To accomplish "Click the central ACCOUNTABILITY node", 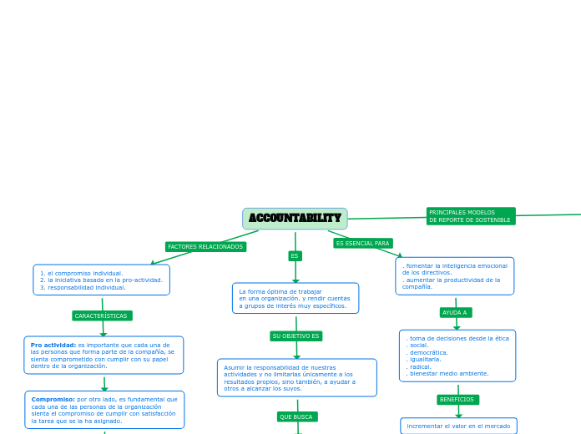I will [295, 219].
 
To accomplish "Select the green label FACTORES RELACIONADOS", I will [205, 247].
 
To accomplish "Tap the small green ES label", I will [295, 255].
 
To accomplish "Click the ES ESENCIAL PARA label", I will [362, 243].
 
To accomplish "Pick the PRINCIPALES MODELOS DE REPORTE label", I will [470, 216].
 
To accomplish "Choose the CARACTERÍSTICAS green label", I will [102, 315].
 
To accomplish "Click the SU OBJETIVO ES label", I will [296, 336].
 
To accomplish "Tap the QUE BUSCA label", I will [296, 416].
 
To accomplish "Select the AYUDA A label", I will [455, 312].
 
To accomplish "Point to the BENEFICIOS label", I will [457, 400].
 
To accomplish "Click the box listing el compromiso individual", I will [101, 280].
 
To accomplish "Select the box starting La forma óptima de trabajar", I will [296, 298].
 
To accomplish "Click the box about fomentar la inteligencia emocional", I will [454, 276].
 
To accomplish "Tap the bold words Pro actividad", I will [53, 345].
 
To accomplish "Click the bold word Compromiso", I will [53, 399].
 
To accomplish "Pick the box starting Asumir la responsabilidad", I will [296, 377].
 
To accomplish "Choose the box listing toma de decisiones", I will [457, 356].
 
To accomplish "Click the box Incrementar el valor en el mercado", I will [458, 426].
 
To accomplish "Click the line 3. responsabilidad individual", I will [83, 287].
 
